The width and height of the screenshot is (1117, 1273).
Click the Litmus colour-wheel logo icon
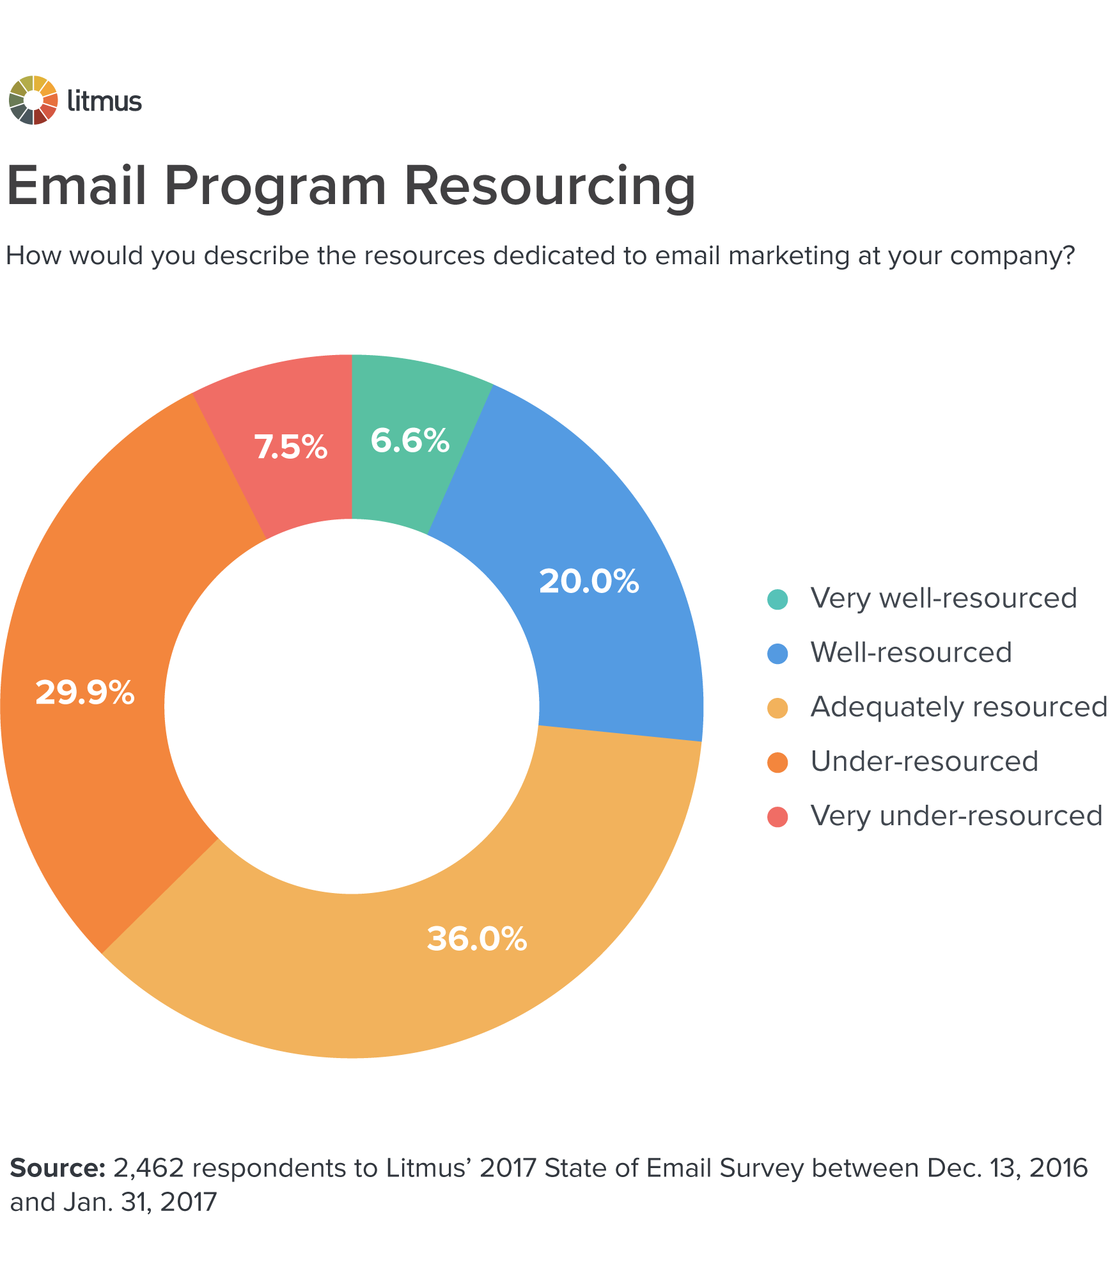33,100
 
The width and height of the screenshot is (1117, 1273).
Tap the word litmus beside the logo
104,101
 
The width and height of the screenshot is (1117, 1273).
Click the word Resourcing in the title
549,186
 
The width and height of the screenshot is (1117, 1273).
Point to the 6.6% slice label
410,441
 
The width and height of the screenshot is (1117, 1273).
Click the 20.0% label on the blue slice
589,581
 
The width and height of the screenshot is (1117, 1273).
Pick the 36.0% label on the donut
477,939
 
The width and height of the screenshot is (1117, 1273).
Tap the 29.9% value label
85,692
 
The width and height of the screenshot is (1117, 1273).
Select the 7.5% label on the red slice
291,447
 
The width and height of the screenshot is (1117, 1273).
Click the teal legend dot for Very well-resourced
777,599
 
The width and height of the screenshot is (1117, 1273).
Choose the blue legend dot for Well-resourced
777,654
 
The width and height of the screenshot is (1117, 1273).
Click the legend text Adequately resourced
958,707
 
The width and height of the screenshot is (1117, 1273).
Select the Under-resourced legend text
924,761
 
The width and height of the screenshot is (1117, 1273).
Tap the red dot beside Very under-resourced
777,817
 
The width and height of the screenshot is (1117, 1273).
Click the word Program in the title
276,186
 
